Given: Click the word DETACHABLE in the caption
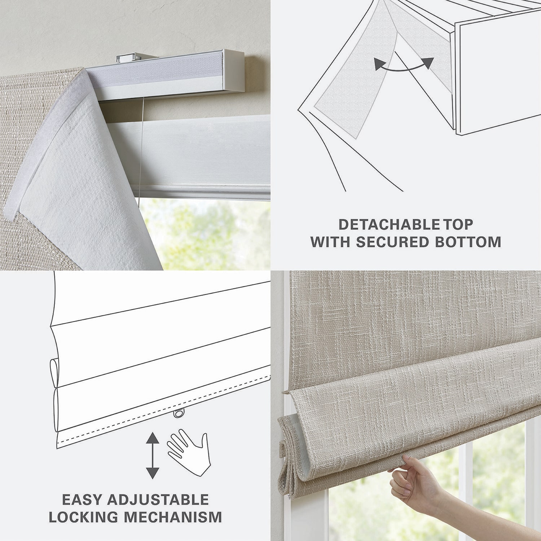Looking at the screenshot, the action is pyautogui.click(x=389, y=225).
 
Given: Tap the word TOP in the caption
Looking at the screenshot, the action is pyautogui.click(x=458, y=225).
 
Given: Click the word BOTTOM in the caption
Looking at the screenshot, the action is pyautogui.click(x=468, y=242).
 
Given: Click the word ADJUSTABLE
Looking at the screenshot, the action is pyautogui.click(x=158, y=500).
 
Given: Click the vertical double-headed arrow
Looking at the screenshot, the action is pyautogui.click(x=153, y=455).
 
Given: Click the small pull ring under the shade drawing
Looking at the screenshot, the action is pyautogui.click(x=179, y=413).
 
